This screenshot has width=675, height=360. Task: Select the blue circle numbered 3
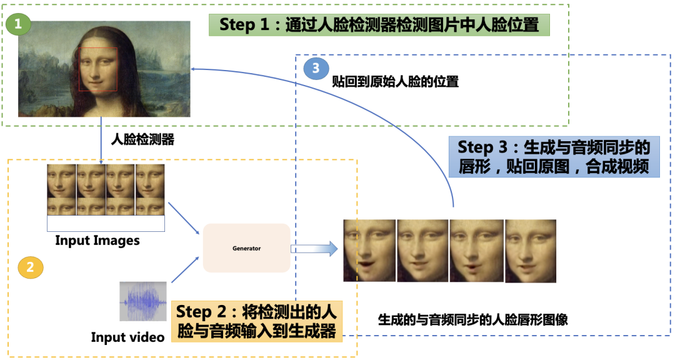click(x=316, y=69)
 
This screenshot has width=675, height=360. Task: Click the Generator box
click(x=246, y=248)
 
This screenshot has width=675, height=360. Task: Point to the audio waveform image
click(x=143, y=301)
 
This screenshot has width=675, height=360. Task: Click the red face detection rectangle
click(x=98, y=69)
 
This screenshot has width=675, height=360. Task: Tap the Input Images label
click(x=97, y=241)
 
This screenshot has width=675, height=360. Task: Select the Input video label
click(x=127, y=337)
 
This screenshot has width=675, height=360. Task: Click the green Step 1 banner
click(x=379, y=25)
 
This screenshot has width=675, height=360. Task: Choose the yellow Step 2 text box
click(x=257, y=321)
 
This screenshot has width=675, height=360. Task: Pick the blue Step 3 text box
click(x=554, y=157)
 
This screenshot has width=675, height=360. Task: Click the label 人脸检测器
click(x=142, y=140)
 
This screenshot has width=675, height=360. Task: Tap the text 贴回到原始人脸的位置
click(x=395, y=82)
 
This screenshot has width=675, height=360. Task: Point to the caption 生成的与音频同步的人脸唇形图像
click(x=472, y=320)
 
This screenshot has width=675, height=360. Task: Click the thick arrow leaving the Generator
click(x=314, y=249)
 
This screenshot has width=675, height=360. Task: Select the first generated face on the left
click(x=369, y=250)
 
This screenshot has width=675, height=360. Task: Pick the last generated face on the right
click(x=530, y=250)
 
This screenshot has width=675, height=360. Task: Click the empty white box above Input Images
click(x=106, y=224)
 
